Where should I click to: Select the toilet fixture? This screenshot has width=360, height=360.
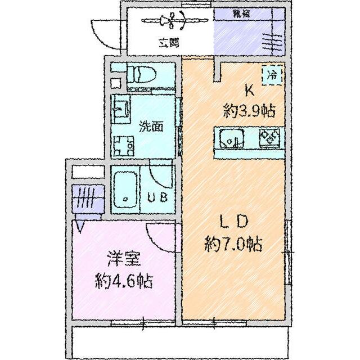(x=139, y=75)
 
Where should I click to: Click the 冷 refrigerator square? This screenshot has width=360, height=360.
(x=273, y=74)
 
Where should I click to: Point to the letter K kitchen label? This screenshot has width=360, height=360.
(x=248, y=90)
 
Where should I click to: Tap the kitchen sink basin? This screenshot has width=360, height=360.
(x=231, y=138)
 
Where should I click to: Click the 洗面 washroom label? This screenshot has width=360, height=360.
(x=151, y=126)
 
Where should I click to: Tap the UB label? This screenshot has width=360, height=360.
(x=156, y=197)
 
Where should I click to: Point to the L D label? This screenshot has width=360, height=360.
(x=232, y=222)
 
